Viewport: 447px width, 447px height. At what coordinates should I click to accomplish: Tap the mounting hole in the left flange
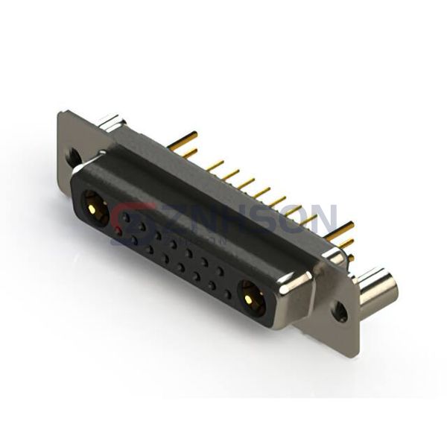[x=73, y=156]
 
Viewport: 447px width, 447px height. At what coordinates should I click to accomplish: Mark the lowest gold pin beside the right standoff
[x=349, y=258]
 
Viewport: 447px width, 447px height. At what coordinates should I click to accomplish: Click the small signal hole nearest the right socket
[x=227, y=294]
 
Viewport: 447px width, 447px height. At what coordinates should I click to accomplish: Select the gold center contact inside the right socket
[x=251, y=297]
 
